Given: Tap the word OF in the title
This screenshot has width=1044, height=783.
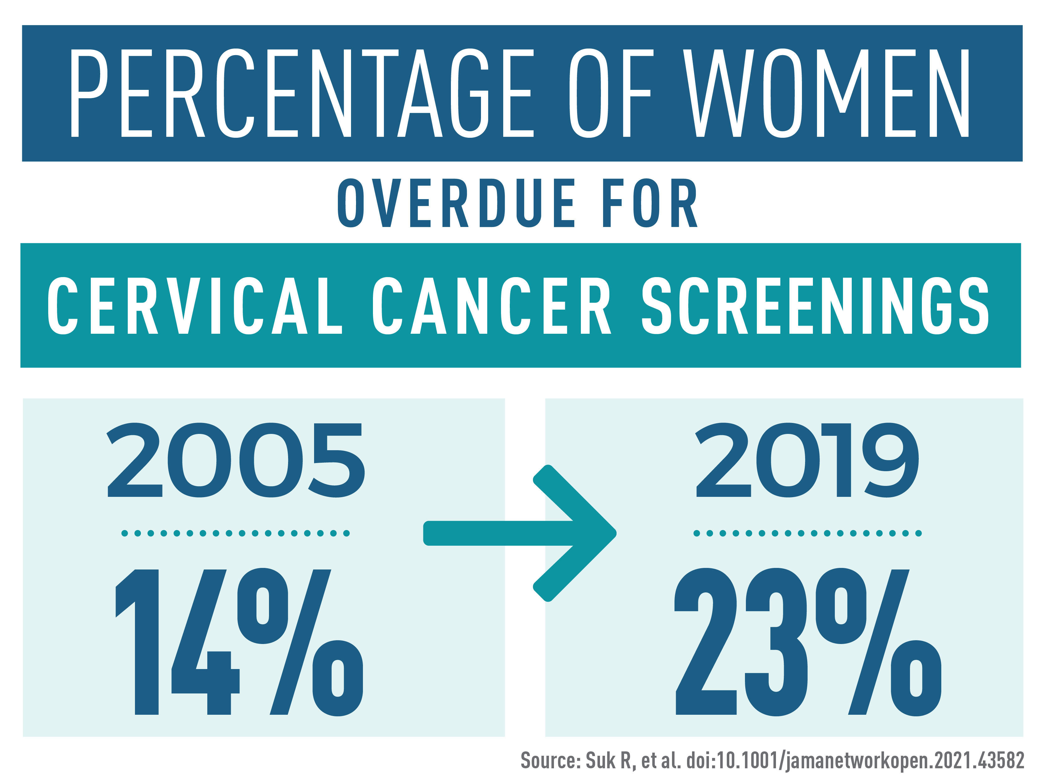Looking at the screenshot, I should pos(611,93).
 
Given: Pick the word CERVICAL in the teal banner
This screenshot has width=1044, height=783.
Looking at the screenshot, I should pos(195,306).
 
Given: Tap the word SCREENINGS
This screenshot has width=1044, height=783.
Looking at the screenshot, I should pos(815,306).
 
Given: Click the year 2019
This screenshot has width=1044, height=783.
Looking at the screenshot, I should pos(807,460).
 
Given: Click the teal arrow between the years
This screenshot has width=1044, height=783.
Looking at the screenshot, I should pos(519,533).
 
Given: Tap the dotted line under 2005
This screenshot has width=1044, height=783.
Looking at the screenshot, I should pos(235,533).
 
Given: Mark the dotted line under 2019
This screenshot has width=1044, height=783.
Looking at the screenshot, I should pos(807,533).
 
